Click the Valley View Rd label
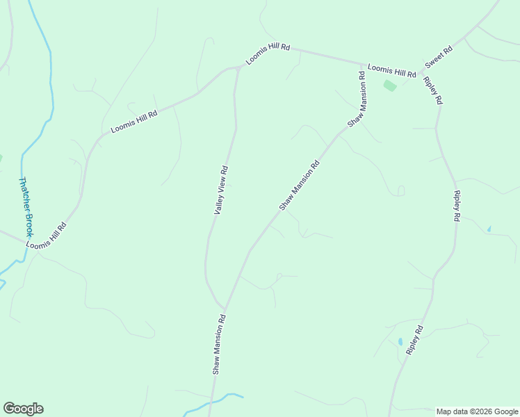[x=221, y=189]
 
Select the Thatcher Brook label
[x=26, y=207]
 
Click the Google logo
[x=23, y=409]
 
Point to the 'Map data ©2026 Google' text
[x=477, y=411]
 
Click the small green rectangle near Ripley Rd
[x=390, y=85]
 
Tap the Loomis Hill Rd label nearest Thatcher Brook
[x=47, y=236]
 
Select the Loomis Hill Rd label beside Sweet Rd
[x=391, y=70]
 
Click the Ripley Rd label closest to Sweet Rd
[x=432, y=90]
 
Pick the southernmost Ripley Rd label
[x=414, y=341]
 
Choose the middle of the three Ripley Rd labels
[x=456, y=206]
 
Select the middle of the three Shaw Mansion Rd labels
[x=299, y=185]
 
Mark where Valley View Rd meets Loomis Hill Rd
[x=238, y=67]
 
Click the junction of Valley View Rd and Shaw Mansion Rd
[x=225, y=309]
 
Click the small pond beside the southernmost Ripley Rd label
[x=400, y=341]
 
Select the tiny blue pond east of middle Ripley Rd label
[x=489, y=229]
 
